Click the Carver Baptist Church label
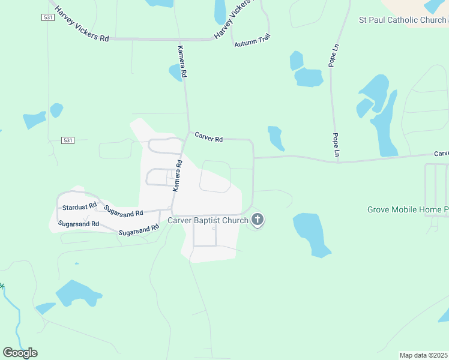coord(208,221)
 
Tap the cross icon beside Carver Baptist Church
coord(258,220)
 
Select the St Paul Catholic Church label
coord(403,20)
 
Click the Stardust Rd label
coord(79,206)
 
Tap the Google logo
coord(20,352)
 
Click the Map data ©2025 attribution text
coord(424,355)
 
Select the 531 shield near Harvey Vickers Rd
coord(49,18)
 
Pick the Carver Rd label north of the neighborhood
coord(208,139)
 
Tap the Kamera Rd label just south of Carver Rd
coord(178,176)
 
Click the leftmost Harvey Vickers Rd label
coord(81,24)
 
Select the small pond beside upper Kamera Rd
coord(175,73)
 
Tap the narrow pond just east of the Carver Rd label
coord(276,137)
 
